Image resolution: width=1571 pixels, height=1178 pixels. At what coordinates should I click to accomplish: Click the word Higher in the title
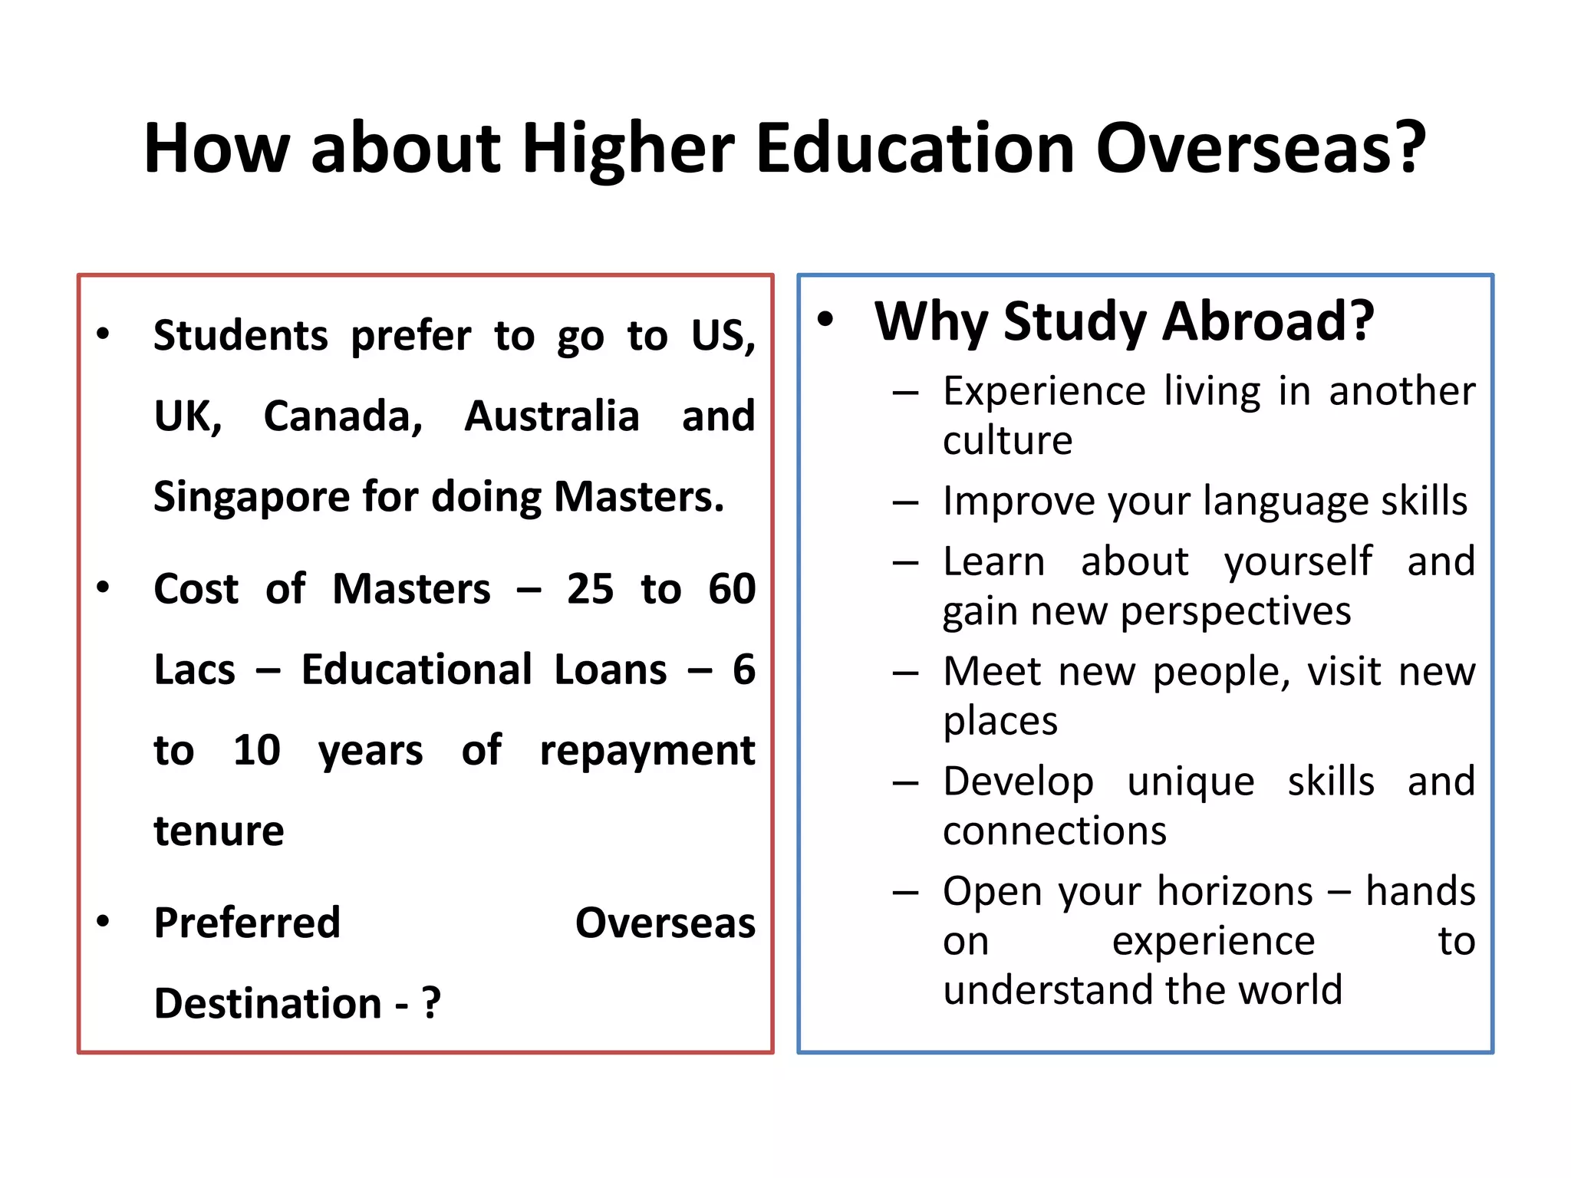click(628, 150)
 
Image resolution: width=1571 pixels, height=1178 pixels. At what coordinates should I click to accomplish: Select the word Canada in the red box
click(342, 416)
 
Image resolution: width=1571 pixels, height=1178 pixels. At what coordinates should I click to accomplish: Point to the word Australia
click(552, 416)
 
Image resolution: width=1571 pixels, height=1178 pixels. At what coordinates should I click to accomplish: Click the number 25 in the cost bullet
click(590, 589)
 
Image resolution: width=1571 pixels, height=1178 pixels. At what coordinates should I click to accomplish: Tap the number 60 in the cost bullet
click(732, 589)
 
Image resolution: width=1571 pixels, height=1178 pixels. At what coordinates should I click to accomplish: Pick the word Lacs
click(194, 670)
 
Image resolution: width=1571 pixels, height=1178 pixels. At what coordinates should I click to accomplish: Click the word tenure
click(219, 831)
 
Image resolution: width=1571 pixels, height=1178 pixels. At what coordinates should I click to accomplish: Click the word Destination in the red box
click(268, 1003)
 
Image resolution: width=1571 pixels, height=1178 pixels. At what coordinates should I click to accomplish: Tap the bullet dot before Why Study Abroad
click(825, 319)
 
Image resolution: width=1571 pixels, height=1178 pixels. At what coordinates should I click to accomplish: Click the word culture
click(1007, 440)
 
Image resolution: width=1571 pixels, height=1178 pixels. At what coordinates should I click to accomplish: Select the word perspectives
click(1235, 612)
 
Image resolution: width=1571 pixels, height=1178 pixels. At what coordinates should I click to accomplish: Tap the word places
click(1000, 722)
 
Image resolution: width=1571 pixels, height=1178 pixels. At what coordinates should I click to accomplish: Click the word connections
click(1055, 831)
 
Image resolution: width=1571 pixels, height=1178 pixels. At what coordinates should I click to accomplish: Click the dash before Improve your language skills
click(905, 502)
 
